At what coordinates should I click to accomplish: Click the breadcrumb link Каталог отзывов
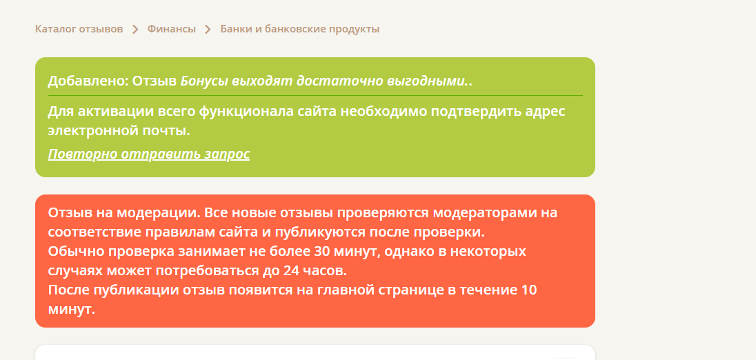click(x=79, y=29)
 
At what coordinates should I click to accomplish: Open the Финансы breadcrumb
click(x=172, y=29)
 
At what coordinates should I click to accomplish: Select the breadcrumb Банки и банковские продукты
click(x=300, y=29)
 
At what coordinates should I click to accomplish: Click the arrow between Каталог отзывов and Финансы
click(x=135, y=30)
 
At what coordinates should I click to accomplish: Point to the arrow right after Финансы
click(x=208, y=30)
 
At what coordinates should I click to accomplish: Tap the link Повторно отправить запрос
click(x=149, y=154)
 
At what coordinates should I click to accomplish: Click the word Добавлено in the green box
click(x=88, y=81)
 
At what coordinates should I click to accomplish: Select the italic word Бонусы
click(x=204, y=81)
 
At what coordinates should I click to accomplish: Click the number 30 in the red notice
click(x=323, y=252)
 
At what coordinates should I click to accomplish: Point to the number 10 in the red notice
click(x=529, y=290)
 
